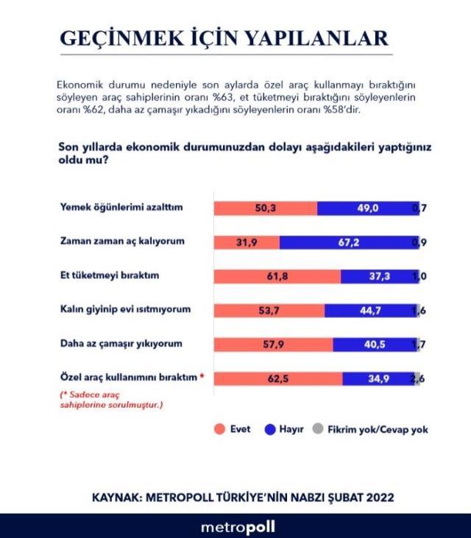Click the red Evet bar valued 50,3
(x=265, y=208)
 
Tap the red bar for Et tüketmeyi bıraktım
(x=277, y=276)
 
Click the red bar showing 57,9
(x=273, y=344)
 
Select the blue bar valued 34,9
(x=377, y=378)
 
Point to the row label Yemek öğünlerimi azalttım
(x=120, y=208)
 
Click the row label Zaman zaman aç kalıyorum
(x=121, y=241)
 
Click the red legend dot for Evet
(x=219, y=429)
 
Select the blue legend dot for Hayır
(x=269, y=429)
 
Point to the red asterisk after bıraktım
(x=202, y=377)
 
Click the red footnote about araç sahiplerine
(x=110, y=400)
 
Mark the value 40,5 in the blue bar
(x=376, y=344)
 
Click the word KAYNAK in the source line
(x=120, y=498)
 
